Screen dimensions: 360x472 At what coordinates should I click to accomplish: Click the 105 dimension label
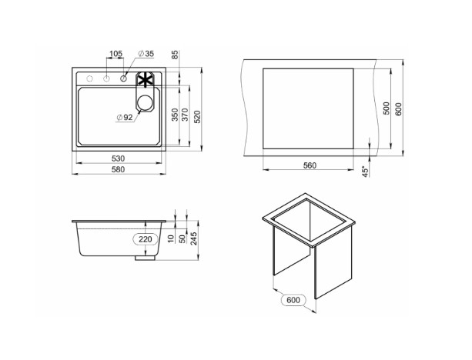coord(115,54)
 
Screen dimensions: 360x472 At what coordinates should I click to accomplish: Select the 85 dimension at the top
coord(176,55)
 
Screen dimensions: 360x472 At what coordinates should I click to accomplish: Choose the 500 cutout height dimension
coord(387,108)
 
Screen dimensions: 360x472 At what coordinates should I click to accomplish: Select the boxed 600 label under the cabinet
coord(292,301)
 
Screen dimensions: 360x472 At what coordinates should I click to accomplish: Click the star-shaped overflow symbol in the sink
coord(145,80)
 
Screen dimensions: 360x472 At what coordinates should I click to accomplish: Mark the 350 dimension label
coord(175,115)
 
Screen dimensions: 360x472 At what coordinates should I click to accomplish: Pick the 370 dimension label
coord(186,115)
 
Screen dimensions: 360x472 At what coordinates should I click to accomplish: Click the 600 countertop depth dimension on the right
coord(398,108)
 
